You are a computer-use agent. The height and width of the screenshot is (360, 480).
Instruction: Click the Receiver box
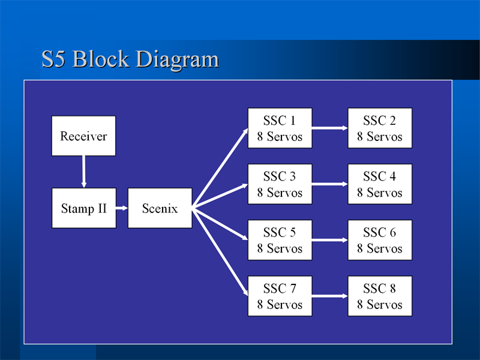click(83, 136)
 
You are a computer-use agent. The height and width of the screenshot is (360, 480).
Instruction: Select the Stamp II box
click(84, 208)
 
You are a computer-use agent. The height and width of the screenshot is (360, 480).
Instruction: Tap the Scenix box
click(160, 208)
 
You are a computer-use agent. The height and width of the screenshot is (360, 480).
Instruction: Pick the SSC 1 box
click(280, 128)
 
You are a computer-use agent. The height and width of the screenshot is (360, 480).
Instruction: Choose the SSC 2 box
click(380, 128)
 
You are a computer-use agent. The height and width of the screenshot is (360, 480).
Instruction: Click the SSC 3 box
click(280, 184)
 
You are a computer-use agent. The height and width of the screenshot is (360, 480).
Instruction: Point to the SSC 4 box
click(380, 184)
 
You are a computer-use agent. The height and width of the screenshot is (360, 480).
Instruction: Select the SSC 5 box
click(280, 240)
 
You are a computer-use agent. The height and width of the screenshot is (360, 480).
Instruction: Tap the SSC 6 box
click(380, 240)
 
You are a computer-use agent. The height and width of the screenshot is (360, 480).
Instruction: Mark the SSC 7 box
click(280, 296)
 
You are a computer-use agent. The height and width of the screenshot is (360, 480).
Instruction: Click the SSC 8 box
click(380, 296)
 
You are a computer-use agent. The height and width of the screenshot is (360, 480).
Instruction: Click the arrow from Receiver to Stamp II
click(83, 172)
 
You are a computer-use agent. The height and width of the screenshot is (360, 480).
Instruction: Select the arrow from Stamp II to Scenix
click(122, 208)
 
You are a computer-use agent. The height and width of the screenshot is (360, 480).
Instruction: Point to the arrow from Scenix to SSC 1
click(220, 169)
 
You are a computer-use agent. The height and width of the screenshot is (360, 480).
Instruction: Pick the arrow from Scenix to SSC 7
click(220, 252)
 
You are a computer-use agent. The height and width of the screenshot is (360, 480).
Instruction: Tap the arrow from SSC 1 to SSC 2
click(330, 128)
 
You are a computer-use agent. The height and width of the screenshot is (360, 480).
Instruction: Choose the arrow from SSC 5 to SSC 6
click(330, 240)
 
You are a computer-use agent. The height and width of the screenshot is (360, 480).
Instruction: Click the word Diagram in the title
click(177, 60)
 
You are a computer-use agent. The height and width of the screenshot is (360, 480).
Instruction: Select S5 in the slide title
click(53, 59)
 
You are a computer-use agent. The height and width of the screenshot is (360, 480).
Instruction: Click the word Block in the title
click(101, 58)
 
